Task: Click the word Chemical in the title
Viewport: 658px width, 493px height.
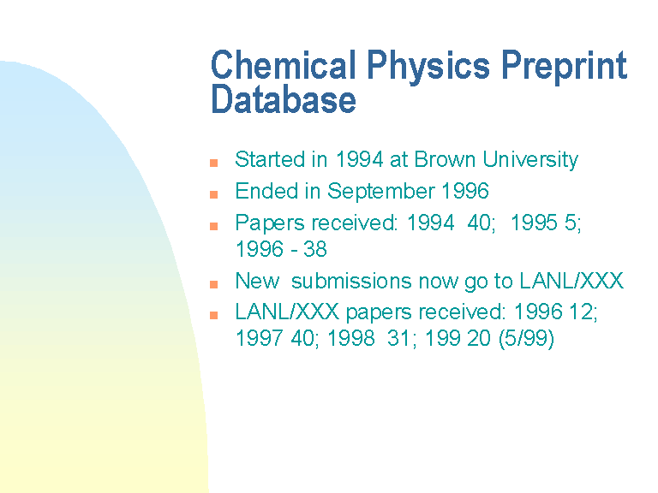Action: click(x=284, y=64)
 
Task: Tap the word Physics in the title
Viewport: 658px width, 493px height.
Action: click(x=428, y=67)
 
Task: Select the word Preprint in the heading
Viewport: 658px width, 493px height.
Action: click(x=565, y=67)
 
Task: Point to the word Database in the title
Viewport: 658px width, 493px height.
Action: click(x=284, y=99)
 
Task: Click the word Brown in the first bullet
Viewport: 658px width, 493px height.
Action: click(x=445, y=159)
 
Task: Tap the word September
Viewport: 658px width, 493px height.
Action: click(x=380, y=192)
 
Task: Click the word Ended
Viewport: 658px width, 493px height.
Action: click(x=267, y=191)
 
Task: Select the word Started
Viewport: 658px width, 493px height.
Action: click(x=270, y=159)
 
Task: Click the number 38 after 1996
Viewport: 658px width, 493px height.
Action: click(x=315, y=249)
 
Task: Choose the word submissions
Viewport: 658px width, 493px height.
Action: click(x=351, y=281)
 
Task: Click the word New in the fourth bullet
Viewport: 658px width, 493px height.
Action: click(x=257, y=281)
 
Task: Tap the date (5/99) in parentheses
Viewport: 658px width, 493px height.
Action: click(x=526, y=339)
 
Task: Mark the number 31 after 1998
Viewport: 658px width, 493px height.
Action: click(x=398, y=338)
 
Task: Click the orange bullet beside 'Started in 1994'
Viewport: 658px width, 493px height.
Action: click(x=213, y=163)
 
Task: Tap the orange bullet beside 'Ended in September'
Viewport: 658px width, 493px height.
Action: click(x=213, y=194)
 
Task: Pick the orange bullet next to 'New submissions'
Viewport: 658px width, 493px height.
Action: click(x=213, y=284)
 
